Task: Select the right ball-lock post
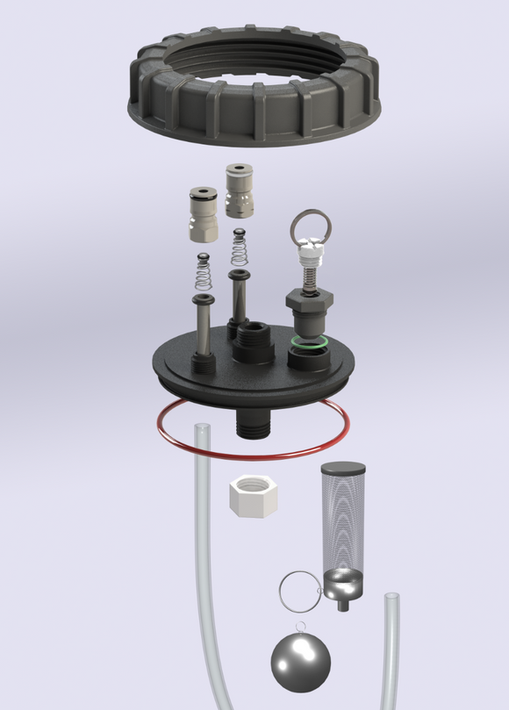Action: [240, 190]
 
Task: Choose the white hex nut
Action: [253, 497]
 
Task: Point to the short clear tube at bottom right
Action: [391, 649]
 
